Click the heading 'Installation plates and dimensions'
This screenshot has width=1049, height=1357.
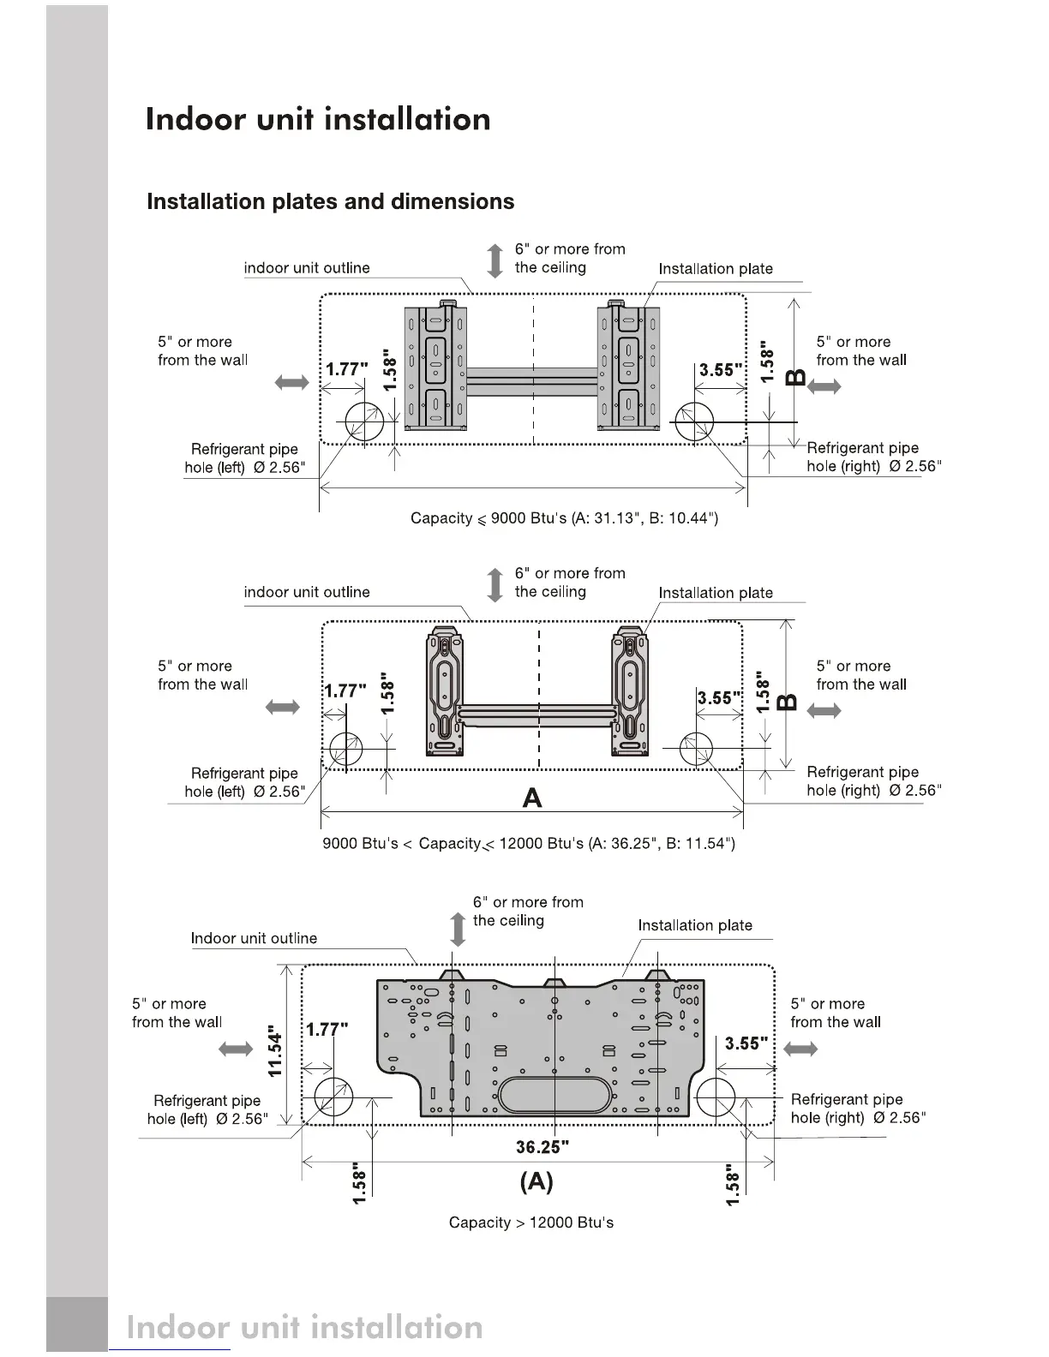click(x=330, y=202)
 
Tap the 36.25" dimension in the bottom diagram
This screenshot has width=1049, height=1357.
click(x=542, y=1147)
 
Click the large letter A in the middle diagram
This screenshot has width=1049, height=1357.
click(x=532, y=798)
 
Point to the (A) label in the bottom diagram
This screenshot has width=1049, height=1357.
click(x=536, y=1182)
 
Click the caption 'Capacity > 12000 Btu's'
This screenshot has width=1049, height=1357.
click(x=531, y=1222)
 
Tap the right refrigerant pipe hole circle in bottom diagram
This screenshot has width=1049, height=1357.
click(x=716, y=1097)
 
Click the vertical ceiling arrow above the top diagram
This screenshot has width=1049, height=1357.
click(x=495, y=260)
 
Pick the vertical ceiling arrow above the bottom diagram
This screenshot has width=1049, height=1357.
click(x=458, y=930)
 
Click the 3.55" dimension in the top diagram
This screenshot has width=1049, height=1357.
click(x=721, y=370)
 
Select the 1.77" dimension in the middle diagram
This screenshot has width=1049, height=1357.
click(x=345, y=691)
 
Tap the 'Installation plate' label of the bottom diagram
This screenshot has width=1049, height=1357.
click(x=695, y=925)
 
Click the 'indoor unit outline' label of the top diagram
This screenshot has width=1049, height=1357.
click(x=307, y=268)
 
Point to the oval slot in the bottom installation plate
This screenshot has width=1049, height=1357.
click(x=558, y=1095)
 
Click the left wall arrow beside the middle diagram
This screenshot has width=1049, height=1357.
click(x=283, y=708)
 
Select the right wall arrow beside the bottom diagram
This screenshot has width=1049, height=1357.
click(x=801, y=1049)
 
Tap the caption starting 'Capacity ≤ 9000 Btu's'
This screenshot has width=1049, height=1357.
click(x=564, y=518)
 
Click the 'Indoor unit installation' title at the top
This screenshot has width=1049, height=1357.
click(x=318, y=119)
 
